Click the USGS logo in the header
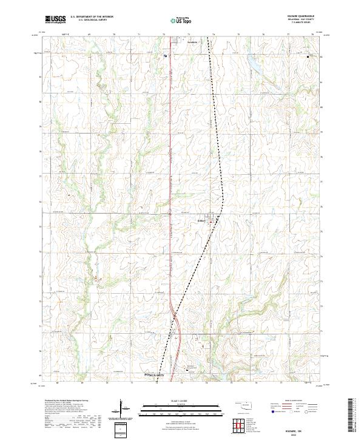tap(56, 20)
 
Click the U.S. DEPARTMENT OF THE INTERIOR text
tap(92, 18)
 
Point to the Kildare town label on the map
tap(203, 220)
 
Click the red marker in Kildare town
tap(211, 222)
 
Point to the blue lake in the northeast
tap(254, 63)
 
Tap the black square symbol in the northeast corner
tap(308, 57)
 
